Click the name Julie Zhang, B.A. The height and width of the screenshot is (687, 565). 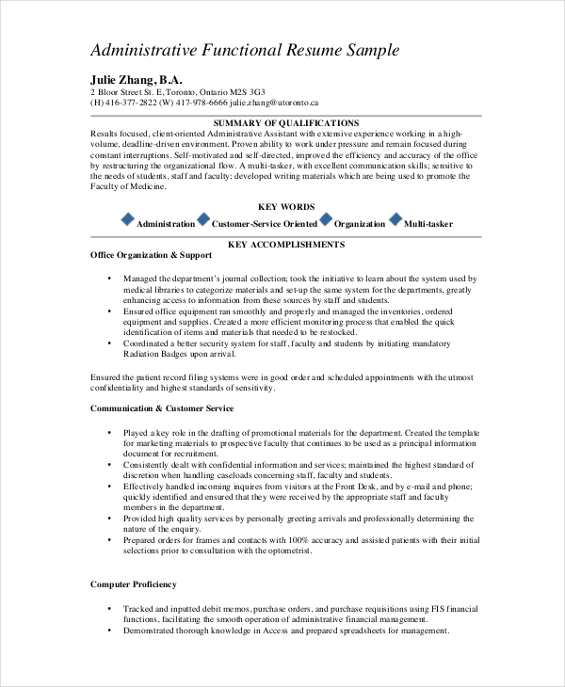pyautogui.click(x=136, y=79)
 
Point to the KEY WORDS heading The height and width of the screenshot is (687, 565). pyautogui.click(x=286, y=206)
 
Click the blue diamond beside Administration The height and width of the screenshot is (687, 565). pyautogui.click(x=128, y=220)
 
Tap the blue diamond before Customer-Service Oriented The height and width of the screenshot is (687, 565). pyautogui.click(x=203, y=220)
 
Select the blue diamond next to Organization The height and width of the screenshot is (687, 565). pyautogui.click(x=326, y=220)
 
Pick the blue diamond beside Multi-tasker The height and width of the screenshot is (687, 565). pyautogui.click(x=395, y=220)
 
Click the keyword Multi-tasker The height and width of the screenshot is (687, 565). pyautogui.click(x=428, y=224)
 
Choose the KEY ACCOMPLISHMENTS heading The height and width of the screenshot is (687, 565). pyautogui.click(x=286, y=245)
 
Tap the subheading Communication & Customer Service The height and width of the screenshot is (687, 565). pyautogui.click(x=162, y=408)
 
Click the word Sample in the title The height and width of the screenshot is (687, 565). pyautogui.click(x=368, y=50)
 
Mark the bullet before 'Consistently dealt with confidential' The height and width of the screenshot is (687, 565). pyautogui.click(x=110, y=464)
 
